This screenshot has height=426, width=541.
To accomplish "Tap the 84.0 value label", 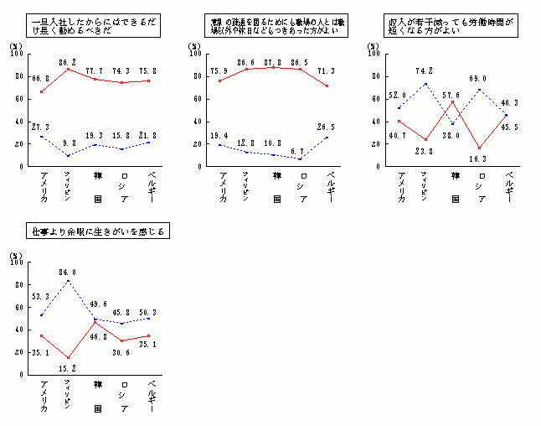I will [x=69, y=272].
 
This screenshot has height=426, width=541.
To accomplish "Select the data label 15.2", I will [x=69, y=366].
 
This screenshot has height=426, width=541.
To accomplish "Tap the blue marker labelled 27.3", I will [x=42, y=136].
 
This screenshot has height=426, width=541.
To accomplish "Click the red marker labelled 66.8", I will [x=42, y=91].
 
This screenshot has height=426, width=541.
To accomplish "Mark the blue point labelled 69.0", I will [x=479, y=89].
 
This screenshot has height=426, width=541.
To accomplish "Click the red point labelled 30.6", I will [x=121, y=340].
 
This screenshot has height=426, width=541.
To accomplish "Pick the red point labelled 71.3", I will [x=327, y=86].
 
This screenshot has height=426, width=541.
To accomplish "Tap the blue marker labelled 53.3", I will [x=42, y=315].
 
